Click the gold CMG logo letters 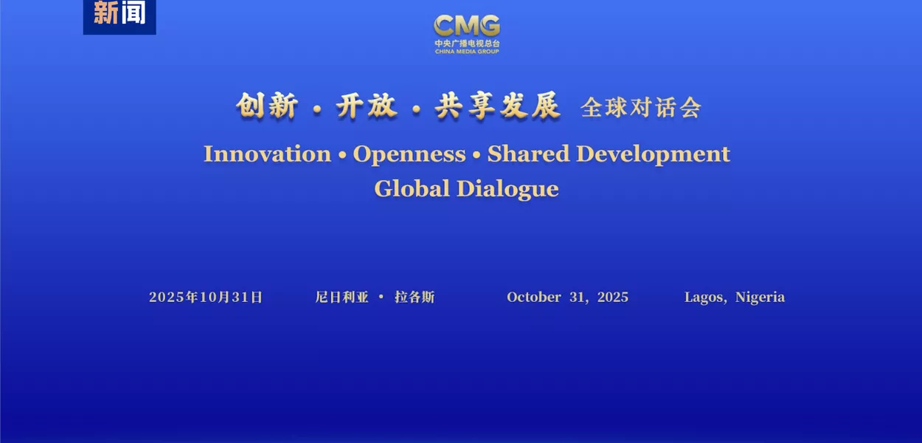[466, 26]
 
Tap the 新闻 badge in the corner [119, 14]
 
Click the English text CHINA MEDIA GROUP [466, 51]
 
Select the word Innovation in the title [267, 154]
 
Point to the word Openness [409, 154]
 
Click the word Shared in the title [528, 154]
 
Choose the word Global [412, 188]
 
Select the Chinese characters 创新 [267, 107]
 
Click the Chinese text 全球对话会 [640, 108]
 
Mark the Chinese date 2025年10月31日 [206, 298]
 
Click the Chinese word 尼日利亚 [342, 298]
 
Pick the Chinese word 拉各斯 [415, 298]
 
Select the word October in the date [534, 298]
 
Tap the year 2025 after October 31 [613, 298]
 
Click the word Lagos [704, 298]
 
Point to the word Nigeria [760, 298]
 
